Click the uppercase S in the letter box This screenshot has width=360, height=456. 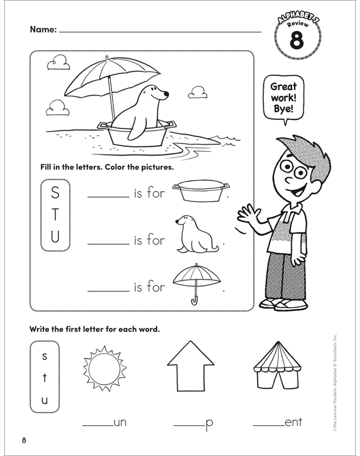[56, 194]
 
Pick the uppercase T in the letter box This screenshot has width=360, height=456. [56, 216]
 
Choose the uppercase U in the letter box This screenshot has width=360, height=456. [56, 237]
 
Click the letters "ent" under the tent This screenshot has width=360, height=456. [293, 422]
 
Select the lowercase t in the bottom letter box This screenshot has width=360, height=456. [45, 378]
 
